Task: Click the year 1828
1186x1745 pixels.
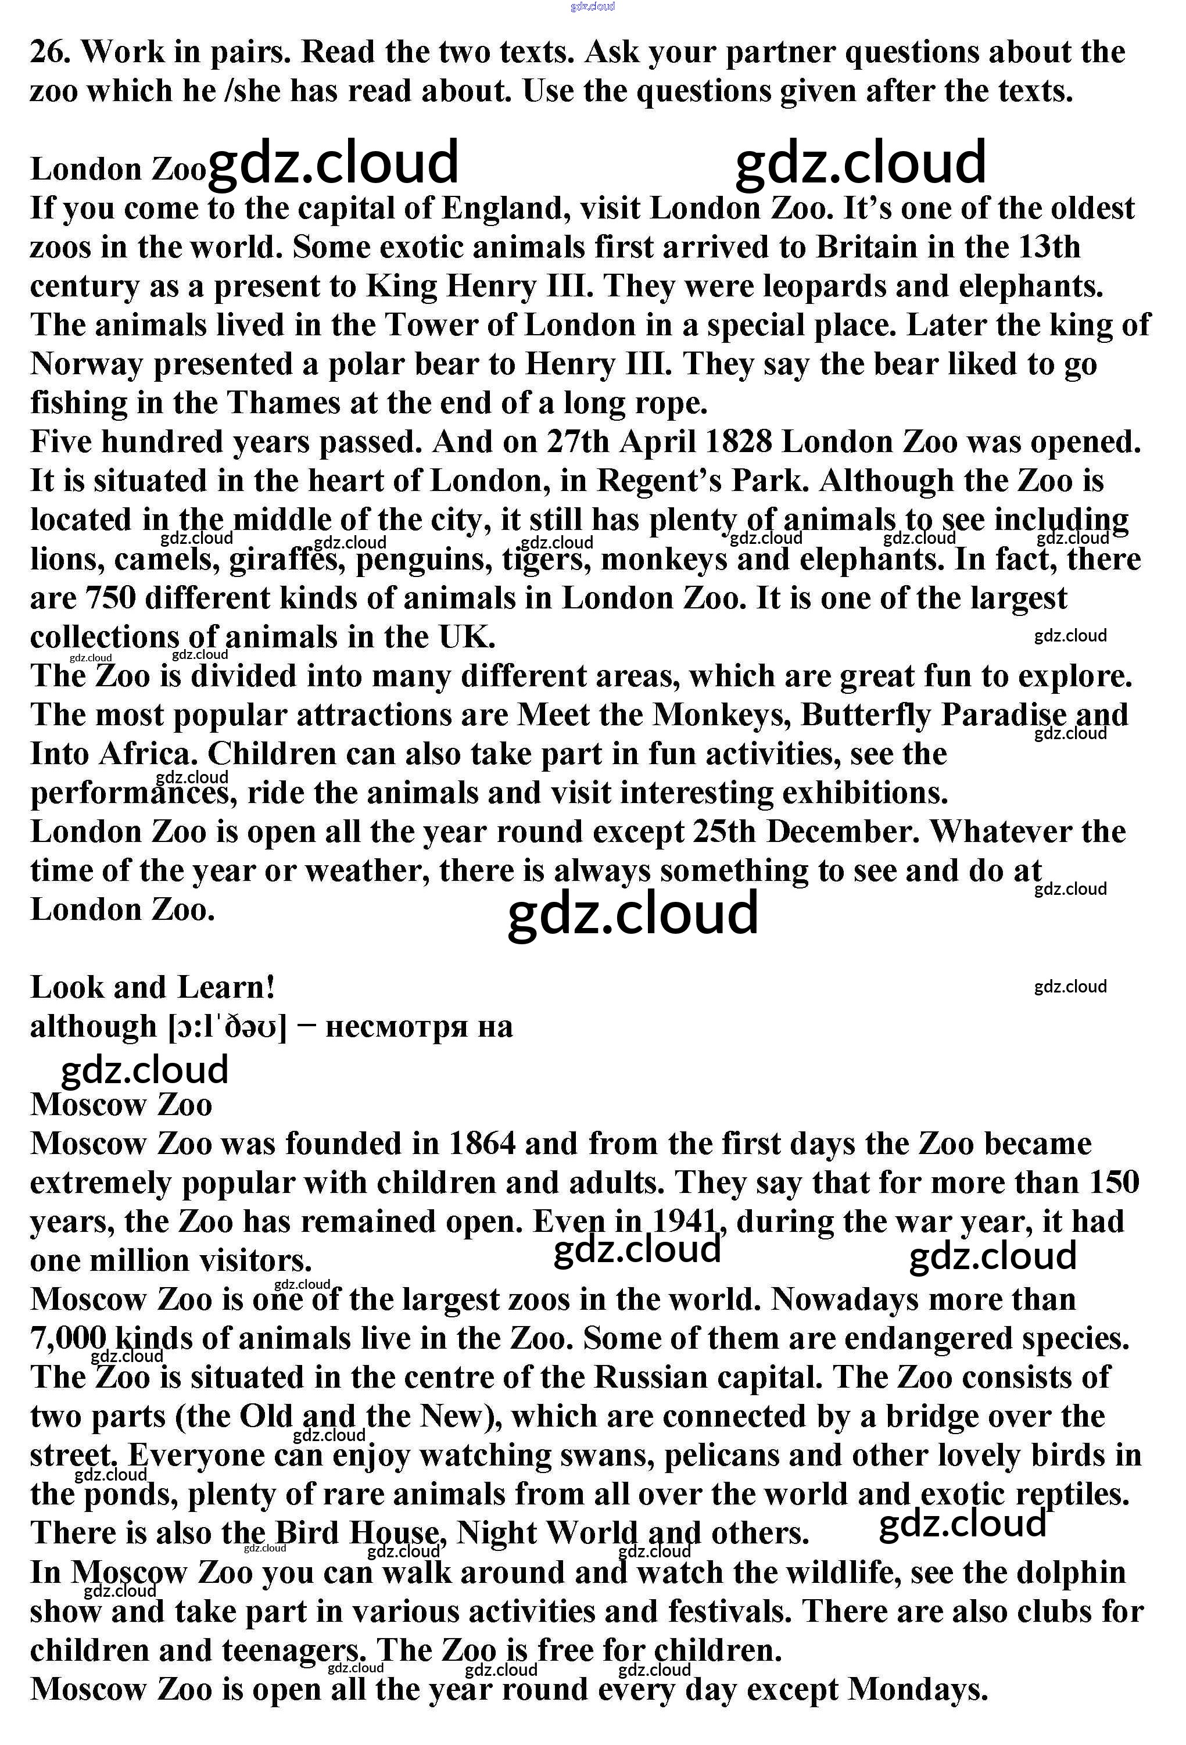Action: point(739,442)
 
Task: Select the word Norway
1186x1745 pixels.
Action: point(87,365)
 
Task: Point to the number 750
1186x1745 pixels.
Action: point(110,599)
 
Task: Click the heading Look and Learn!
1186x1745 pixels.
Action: point(152,987)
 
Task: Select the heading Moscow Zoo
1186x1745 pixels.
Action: point(121,1105)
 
